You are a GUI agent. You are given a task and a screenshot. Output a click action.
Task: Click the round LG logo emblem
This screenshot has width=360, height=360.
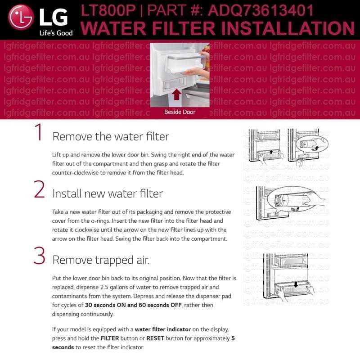[21, 17]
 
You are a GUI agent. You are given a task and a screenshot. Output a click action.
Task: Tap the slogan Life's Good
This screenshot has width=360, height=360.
[56, 33]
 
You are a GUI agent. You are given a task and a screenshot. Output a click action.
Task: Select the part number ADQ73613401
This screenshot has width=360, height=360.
[261, 10]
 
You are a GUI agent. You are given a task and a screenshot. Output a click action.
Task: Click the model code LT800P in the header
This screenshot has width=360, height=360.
[108, 10]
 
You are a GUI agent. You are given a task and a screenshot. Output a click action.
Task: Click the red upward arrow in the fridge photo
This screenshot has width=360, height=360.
[176, 94]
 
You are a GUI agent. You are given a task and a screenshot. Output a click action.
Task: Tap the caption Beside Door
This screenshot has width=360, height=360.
[180, 112]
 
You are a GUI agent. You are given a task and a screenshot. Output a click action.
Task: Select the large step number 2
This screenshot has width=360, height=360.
[39, 189]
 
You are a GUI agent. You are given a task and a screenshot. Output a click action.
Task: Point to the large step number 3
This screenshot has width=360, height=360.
[39, 255]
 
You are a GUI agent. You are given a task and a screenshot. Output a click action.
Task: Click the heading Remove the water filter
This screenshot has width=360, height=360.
[111, 137]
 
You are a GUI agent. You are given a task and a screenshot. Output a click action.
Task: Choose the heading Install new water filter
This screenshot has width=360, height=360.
[108, 193]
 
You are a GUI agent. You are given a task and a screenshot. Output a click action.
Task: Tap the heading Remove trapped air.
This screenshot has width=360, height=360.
[101, 260]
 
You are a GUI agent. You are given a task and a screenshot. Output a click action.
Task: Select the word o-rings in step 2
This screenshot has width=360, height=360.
[101, 221]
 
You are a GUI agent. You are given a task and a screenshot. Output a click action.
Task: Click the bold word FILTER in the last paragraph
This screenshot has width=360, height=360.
[110, 338]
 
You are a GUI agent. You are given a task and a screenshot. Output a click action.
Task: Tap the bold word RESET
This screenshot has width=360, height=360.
[155, 338]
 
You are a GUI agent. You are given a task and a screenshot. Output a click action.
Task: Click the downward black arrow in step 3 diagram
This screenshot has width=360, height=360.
[296, 284]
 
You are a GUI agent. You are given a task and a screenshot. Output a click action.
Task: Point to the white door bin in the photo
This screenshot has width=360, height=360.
[186, 63]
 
